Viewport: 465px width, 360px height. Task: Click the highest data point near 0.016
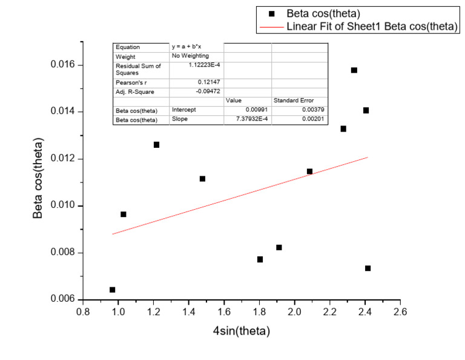point(354,70)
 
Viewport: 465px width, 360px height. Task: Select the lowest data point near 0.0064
point(113,290)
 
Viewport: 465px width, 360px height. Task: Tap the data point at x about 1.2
point(156,145)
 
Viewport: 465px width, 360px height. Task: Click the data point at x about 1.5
point(202,179)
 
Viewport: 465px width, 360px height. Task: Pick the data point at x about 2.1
point(309,172)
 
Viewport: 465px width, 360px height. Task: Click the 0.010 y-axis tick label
point(61,205)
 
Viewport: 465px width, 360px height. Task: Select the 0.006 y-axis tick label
point(61,299)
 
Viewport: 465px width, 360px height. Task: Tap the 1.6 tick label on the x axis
point(224,312)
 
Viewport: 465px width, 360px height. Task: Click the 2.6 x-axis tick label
point(400,312)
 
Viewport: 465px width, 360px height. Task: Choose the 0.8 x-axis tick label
point(83,312)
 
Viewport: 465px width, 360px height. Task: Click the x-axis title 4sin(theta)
point(241,332)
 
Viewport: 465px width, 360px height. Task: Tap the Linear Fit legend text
point(372,27)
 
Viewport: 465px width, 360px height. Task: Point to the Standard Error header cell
point(294,101)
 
